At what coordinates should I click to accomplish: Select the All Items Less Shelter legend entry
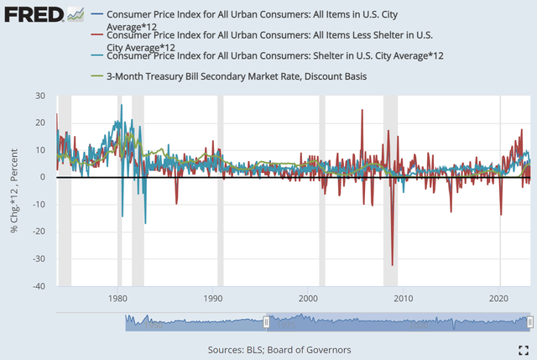coord(268,40)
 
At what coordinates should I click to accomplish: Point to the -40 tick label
coord(39,286)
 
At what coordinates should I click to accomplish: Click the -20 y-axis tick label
coord(39,232)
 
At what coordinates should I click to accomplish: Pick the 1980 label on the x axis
coord(117,298)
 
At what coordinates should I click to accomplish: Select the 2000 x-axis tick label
coord(309,298)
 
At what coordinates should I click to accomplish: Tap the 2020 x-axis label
coord(499,298)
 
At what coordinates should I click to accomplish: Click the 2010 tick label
coord(404,298)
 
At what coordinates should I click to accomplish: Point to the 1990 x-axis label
coord(213,298)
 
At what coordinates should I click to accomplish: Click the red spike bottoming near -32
coord(393,263)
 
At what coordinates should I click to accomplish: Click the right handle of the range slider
coord(529,322)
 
